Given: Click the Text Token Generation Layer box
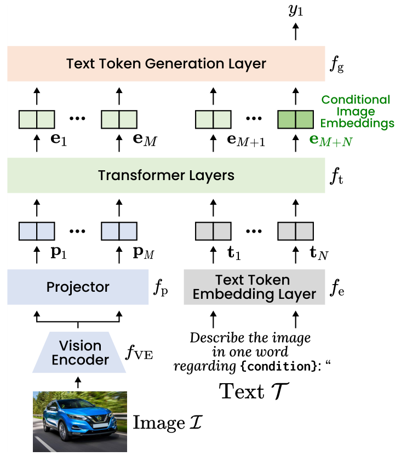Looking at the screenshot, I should (x=166, y=63).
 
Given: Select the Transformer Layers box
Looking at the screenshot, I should (x=166, y=176).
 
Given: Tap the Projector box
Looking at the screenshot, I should (x=78, y=287).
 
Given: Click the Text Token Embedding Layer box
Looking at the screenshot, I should (x=254, y=287).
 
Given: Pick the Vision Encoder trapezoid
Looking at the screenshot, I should (x=80, y=353).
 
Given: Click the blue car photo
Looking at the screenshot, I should (x=80, y=421).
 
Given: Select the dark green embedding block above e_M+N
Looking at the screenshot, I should (x=296, y=119).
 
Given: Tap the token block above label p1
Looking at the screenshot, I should (x=37, y=231).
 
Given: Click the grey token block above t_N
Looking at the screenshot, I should (x=296, y=231).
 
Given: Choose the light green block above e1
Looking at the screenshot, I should (x=37, y=119).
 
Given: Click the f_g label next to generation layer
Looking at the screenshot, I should (x=337, y=65).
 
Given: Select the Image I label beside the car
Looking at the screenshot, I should (x=168, y=423).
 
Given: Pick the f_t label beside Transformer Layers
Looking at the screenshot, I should (x=336, y=176).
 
